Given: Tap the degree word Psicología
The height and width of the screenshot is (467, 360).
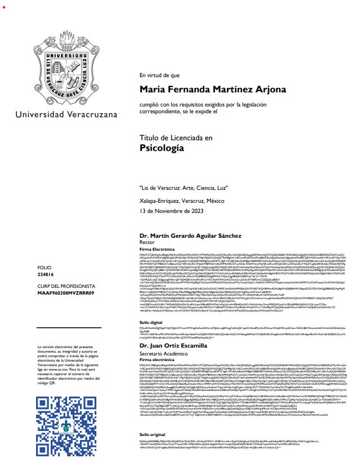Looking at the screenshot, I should pyautogui.click(x=162, y=148).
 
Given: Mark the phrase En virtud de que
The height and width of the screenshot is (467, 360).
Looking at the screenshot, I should pyautogui.click(x=159, y=75).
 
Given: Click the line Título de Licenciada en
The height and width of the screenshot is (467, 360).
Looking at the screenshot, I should pyautogui.click(x=176, y=137).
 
